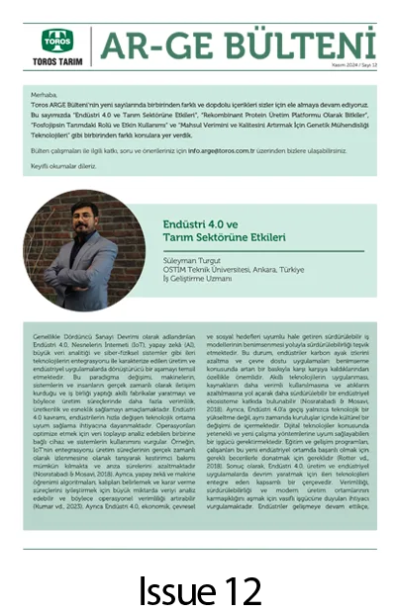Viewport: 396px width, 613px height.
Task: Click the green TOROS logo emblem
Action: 56,40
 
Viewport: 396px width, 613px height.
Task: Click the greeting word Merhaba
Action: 47,94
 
